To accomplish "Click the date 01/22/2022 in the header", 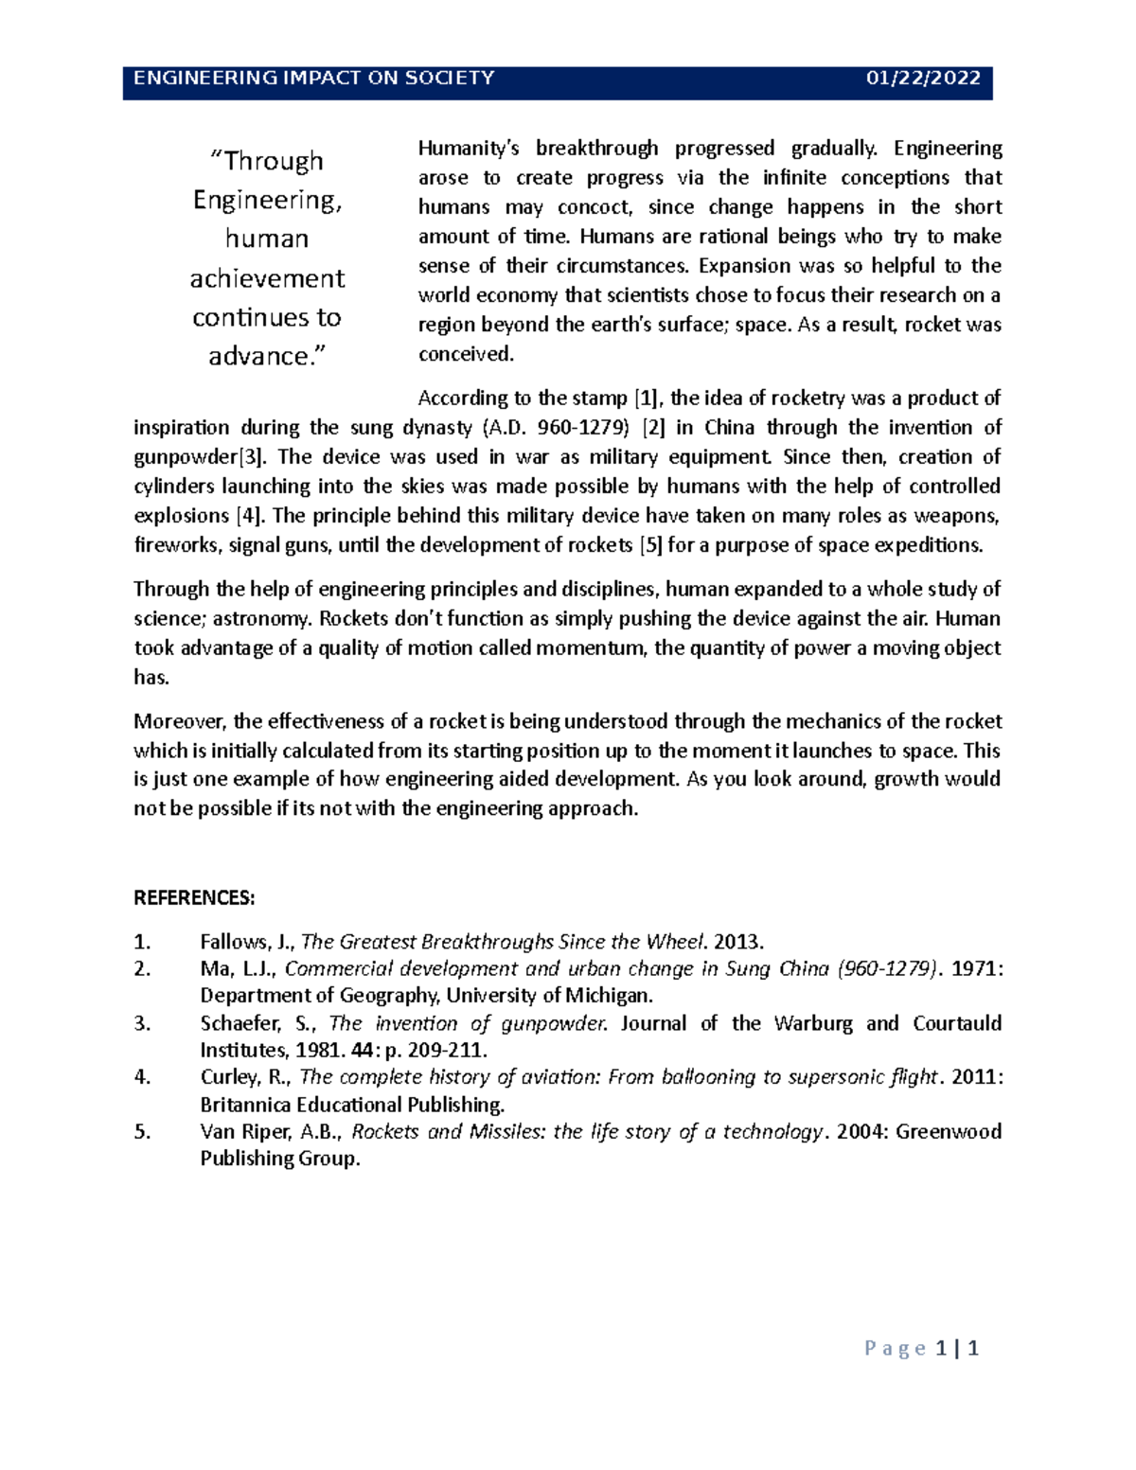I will (923, 79).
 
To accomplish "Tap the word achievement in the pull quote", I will (267, 278).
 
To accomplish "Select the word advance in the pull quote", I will (258, 357).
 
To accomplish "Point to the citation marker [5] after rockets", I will (650, 545).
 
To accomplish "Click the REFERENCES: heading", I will (194, 898).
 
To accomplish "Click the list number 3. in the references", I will (142, 1023).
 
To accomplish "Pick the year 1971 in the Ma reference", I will (975, 969).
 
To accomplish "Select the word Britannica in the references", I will (245, 1105).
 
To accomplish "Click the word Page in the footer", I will (895, 1349).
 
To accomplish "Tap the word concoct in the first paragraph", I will (594, 207).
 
